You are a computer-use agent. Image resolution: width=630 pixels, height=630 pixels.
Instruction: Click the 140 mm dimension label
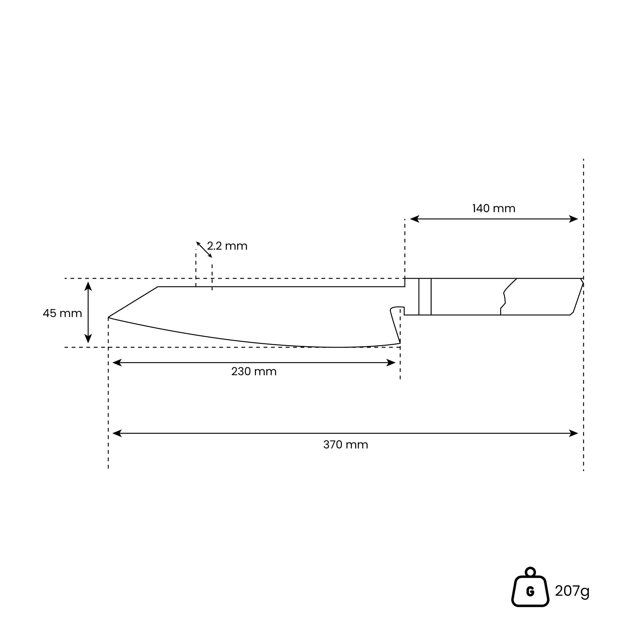493,209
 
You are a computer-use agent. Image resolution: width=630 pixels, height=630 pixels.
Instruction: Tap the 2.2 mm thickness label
227,246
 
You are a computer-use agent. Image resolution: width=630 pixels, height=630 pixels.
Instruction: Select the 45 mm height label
62,313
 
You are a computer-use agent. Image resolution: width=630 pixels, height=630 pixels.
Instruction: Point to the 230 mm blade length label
254,371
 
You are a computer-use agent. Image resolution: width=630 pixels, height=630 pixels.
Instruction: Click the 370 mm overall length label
345,445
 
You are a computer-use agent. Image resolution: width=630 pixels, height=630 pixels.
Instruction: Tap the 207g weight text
572,591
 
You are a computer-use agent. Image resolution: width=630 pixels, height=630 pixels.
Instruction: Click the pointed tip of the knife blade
109,317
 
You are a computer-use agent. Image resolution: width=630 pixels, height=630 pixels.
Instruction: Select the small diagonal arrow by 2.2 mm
204,250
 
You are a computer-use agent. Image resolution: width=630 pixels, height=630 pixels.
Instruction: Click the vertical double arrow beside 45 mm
88,313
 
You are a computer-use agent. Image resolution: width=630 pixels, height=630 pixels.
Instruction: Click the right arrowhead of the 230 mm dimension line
391,363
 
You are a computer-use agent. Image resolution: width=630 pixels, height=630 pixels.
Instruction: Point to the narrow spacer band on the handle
425,297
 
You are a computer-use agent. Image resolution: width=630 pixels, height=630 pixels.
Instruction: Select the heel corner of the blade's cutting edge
400,343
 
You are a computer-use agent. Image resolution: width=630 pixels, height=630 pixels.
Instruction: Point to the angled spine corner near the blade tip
158,287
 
